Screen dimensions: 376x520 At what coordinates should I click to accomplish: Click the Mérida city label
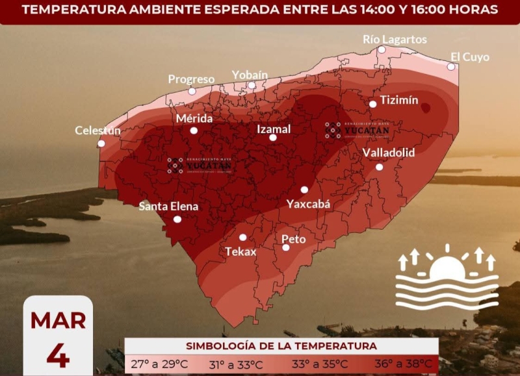click(x=194, y=119)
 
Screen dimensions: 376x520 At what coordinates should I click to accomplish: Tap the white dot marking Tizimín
click(x=373, y=104)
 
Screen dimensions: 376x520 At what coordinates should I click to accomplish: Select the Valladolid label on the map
click(x=388, y=153)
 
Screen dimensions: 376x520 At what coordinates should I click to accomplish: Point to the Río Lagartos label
click(x=395, y=40)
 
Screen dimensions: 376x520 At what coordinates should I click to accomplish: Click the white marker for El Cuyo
click(x=451, y=67)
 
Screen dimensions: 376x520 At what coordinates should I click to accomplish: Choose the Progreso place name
click(x=191, y=79)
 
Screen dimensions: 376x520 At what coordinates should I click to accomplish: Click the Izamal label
click(x=274, y=129)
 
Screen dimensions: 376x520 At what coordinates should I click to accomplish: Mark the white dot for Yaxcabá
click(x=304, y=190)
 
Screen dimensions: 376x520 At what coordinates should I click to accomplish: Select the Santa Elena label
click(x=168, y=207)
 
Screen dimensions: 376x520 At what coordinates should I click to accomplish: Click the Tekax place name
click(x=240, y=251)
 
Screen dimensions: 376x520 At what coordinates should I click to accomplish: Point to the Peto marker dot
click(x=286, y=247)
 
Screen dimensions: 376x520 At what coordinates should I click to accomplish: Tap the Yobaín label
click(x=250, y=75)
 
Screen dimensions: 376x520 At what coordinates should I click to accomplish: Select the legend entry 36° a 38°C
click(x=403, y=364)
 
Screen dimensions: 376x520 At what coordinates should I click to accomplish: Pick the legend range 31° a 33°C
click(x=236, y=364)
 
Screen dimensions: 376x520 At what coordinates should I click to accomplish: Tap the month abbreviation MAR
click(x=58, y=321)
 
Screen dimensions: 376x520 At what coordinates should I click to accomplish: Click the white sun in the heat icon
click(x=447, y=268)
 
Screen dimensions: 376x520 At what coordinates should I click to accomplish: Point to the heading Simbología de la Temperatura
click(x=281, y=346)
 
